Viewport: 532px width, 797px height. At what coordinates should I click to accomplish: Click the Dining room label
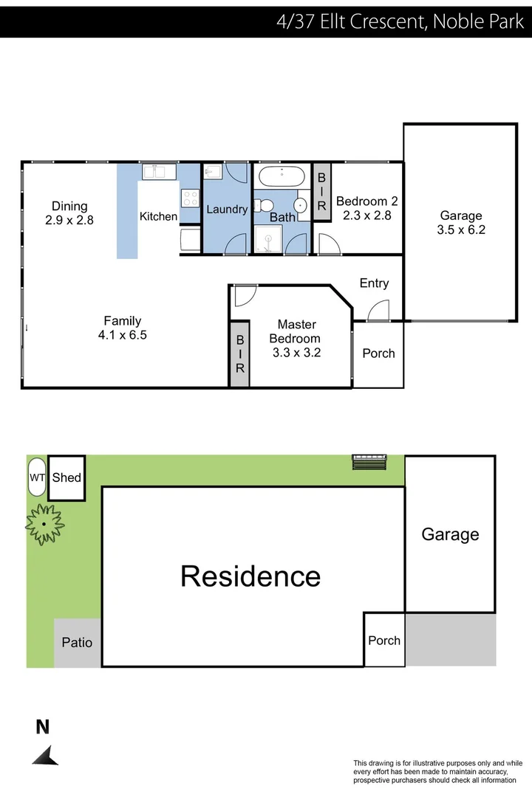tap(69, 207)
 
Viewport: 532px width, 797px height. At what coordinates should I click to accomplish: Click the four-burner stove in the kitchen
tap(190, 198)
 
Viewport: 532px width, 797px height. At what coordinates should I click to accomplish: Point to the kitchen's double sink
tap(158, 172)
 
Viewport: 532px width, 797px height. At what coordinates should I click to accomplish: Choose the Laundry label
tap(227, 210)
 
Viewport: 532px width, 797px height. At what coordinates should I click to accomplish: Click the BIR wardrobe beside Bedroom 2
tap(321, 192)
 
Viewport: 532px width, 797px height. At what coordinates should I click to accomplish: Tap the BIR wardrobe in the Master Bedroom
tap(240, 354)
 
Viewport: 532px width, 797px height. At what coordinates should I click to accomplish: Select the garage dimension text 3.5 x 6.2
tap(461, 230)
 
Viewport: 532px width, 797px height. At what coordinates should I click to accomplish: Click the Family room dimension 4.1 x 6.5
tap(122, 334)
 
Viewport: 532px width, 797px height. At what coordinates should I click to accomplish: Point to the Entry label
tap(374, 283)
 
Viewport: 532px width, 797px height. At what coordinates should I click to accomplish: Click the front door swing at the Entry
tap(378, 311)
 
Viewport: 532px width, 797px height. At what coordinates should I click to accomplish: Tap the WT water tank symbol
tap(37, 477)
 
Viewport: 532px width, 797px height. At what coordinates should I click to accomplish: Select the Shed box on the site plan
tap(66, 477)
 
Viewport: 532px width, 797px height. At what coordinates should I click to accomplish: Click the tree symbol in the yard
tap(44, 524)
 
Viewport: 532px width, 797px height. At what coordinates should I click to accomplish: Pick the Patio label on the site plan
tap(77, 642)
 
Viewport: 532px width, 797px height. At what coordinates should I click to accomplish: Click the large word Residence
tap(250, 576)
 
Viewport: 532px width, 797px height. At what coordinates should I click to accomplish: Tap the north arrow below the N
tap(46, 755)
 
